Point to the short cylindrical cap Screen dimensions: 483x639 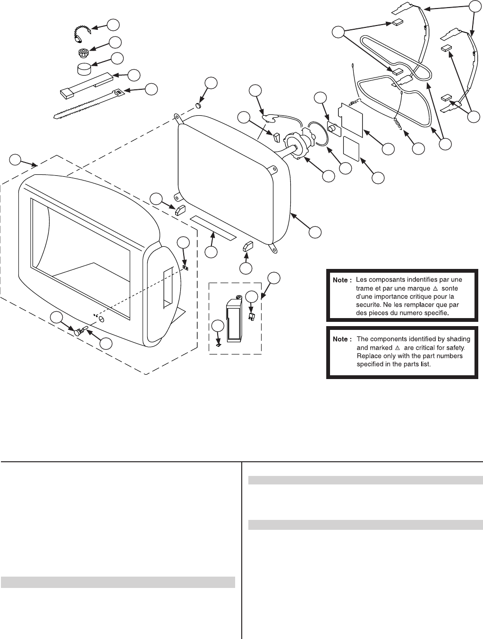tap(84, 69)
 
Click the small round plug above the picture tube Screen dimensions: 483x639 tap(198, 105)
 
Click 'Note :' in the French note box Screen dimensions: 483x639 tap(342, 280)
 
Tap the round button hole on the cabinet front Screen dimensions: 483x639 tap(101, 319)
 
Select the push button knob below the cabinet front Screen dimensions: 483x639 tap(77, 332)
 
